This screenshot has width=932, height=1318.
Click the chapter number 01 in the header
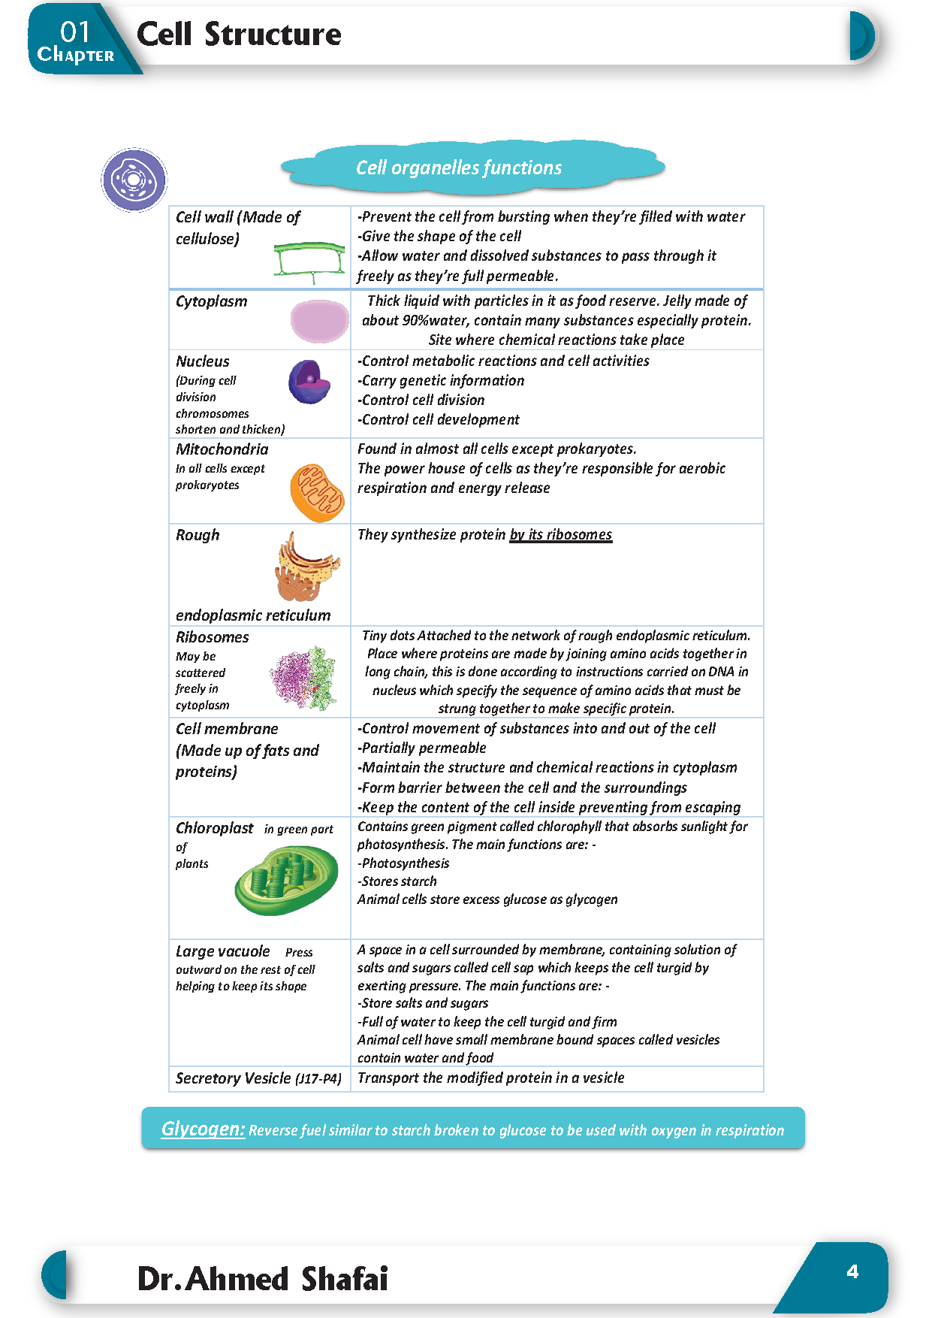tap(75, 32)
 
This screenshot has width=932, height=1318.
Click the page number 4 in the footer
tap(852, 1271)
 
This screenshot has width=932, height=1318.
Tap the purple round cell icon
tap(134, 180)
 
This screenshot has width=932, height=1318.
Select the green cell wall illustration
tap(309, 261)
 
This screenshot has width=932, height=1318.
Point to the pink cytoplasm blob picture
tap(320, 321)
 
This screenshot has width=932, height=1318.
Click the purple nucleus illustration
tap(309, 382)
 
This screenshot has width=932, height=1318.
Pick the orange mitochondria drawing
tap(317, 492)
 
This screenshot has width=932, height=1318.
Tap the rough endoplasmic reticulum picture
tap(306, 567)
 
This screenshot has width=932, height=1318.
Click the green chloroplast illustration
tap(286, 879)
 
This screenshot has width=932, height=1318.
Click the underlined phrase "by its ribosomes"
tap(560, 534)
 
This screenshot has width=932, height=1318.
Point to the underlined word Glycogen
tap(203, 1129)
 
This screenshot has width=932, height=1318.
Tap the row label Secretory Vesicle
tap(233, 1078)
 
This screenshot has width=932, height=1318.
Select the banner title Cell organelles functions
tap(459, 168)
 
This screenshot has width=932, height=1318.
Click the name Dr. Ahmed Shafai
tap(262, 1278)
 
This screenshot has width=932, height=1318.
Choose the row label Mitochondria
tap(222, 449)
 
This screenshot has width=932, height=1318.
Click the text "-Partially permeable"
tap(422, 748)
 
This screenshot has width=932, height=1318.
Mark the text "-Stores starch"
tap(397, 881)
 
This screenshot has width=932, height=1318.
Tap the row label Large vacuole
tap(222, 951)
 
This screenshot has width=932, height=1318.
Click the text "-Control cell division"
tap(421, 400)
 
